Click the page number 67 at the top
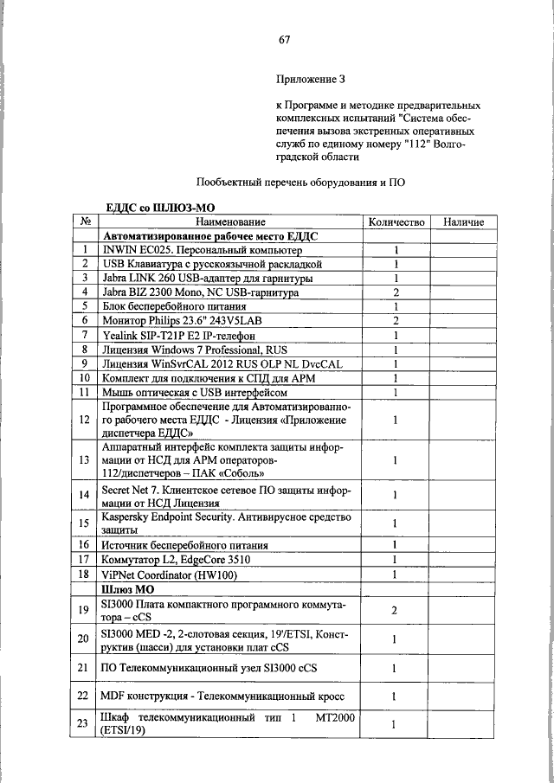coord(284,40)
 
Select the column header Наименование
coord(229,222)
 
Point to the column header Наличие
coord(463,222)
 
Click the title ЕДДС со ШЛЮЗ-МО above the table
coord(159,209)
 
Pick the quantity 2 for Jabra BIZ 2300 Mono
coord(395,292)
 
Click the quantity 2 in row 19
coord(395,611)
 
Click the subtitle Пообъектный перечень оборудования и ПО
coord(300,183)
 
